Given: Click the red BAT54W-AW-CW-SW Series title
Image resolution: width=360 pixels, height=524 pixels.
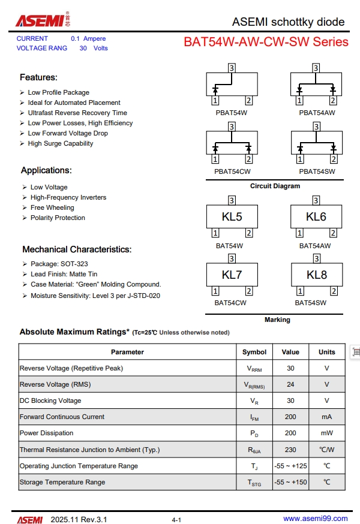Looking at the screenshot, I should (x=266, y=42).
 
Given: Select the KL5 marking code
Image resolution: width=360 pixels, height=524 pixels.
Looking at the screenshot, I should (x=232, y=216).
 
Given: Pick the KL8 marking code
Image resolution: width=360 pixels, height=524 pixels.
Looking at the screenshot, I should (x=316, y=275).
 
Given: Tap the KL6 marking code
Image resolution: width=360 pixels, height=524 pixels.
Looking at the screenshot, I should (x=316, y=216).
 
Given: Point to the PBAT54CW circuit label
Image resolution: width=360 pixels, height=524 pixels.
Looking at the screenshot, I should (x=232, y=171).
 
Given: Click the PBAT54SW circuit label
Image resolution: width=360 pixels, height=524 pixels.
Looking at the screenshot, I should (x=317, y=171).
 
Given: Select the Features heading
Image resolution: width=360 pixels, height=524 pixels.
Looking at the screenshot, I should (x=38, y=77).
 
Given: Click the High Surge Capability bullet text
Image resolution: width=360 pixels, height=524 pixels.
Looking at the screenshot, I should (x=60, y=143).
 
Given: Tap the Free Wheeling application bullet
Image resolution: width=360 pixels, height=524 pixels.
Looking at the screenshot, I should (x=52, y=207).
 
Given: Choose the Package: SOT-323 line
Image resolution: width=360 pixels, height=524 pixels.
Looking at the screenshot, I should (x=59, y=264).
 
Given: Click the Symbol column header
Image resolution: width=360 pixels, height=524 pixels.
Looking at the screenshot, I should (x=254, y=352).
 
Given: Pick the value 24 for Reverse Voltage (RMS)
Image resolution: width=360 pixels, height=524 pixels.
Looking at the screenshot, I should (x=290, y=384).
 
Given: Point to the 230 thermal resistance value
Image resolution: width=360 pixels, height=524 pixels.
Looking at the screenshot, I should (x=290, y=449).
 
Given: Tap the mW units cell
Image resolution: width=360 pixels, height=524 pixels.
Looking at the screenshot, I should (x=326, y=433).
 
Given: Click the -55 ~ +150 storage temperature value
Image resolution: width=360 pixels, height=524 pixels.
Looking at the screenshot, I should (x=290, y=482).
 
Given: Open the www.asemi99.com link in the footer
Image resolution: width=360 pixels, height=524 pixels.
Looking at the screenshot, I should (x=315, y=519).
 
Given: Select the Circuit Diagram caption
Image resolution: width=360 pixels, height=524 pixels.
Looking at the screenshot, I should (x=275, y=186).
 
